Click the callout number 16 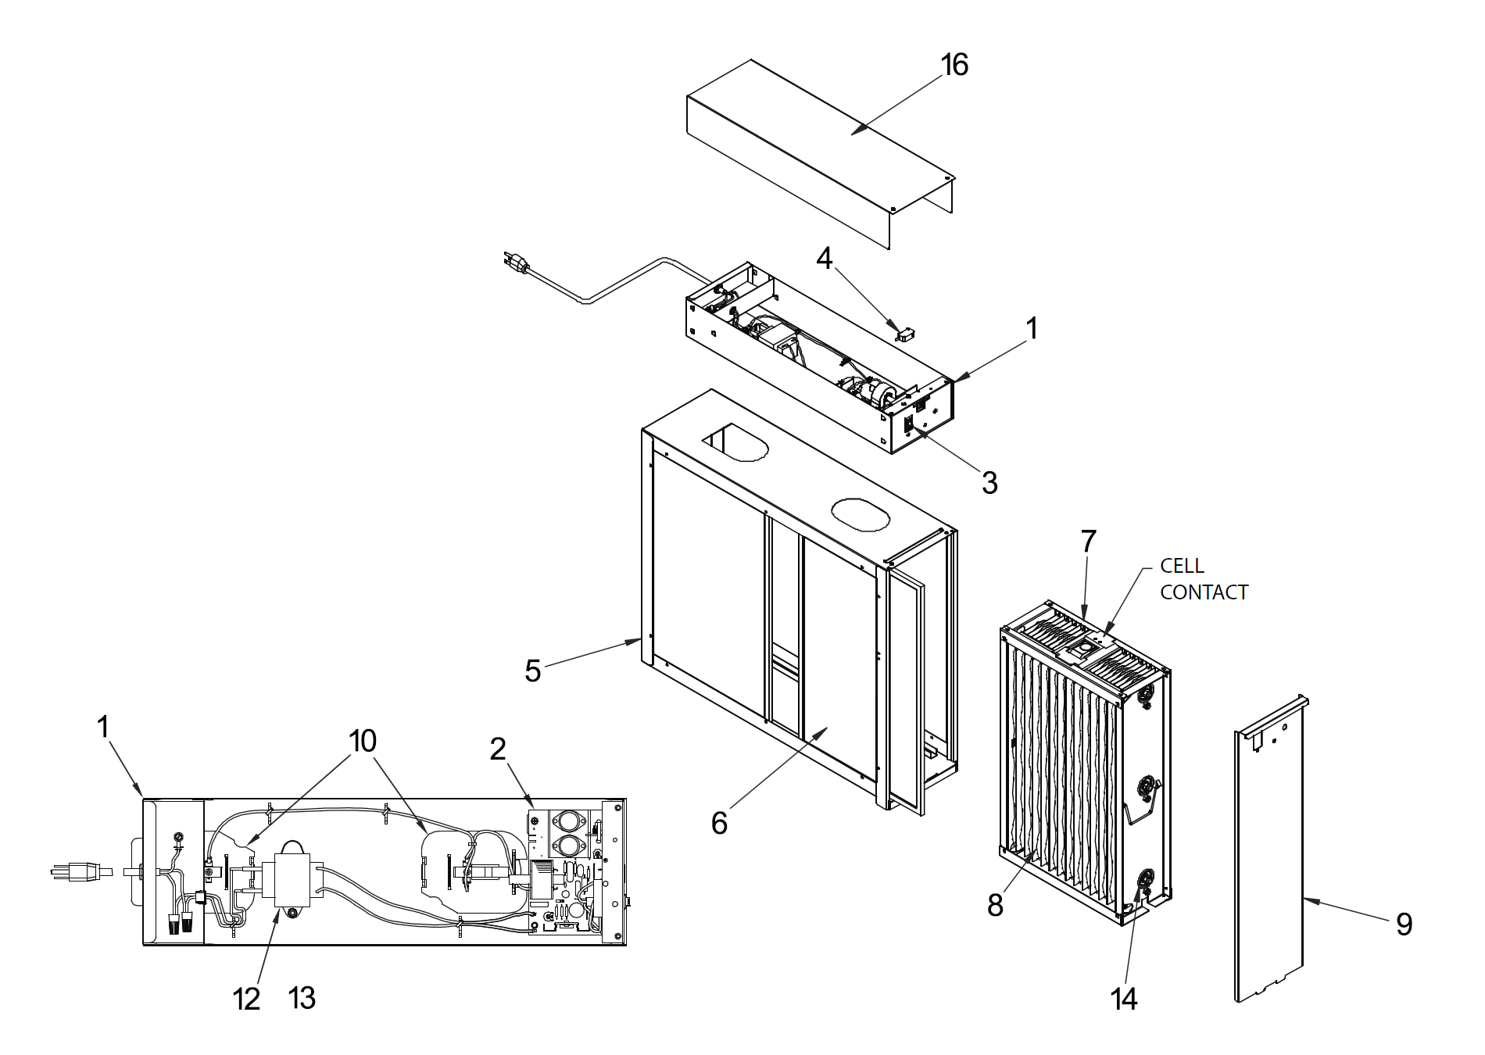(x=954, y=64)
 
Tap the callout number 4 (x=825, y=258)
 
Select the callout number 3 (x=989, y=484)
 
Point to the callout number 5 (x=532, y=671)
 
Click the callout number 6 (x=719, y=823)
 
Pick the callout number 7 (x=1088, y=541)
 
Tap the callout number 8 (x=995, y=905)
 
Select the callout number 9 (x=1404, y=924)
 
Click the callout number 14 (x=1124, y=998)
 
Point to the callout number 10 (x=363, y=741)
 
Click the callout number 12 (x=246, y=999)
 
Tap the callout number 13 (x=302, y=998)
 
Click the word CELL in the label (x=1182, y=565)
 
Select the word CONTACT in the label (x=1204, y=592)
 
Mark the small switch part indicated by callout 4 (x=905, y=335)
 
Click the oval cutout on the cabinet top (x=860, y=513)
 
